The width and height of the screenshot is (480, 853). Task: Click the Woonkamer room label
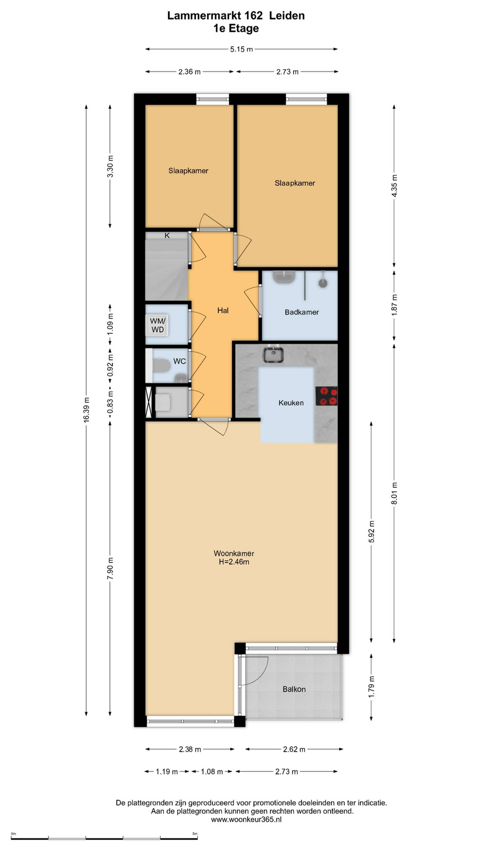234,553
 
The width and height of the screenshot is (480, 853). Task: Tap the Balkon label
294,689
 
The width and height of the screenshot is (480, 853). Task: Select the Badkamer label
301,312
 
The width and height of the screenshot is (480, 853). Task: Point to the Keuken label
291,403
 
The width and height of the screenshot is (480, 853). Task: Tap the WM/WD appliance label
158,325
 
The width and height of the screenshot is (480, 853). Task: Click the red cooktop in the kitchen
326,396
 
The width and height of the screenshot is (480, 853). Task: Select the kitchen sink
273,355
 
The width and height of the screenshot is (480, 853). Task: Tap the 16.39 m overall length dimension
86,410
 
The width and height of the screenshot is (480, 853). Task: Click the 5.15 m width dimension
241,49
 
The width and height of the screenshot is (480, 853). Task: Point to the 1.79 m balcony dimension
371,687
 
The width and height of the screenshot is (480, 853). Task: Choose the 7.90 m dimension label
110,569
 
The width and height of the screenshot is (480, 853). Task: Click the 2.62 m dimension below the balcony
294,749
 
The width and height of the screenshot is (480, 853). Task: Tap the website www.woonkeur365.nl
246,819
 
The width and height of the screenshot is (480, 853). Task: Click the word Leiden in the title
286,15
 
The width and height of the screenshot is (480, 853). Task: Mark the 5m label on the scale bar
195,834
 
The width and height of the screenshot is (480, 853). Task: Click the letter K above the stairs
167,235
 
